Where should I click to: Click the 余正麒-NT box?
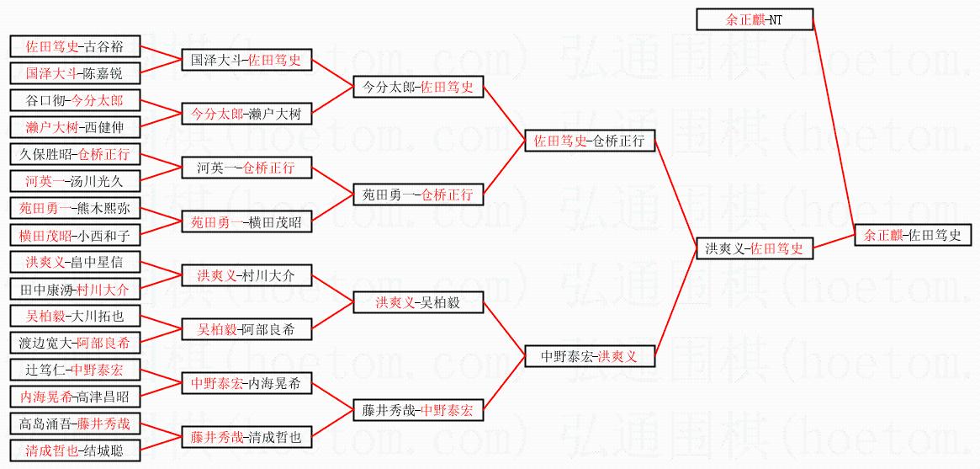(x=755, y=19)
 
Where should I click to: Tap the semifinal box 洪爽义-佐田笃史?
(x=755, y=249)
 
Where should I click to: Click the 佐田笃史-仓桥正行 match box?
(x=589, y=141)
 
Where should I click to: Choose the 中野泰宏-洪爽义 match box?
(x=589, y=356)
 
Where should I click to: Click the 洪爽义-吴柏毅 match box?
(x=417, y=302)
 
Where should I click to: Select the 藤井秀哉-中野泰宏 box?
(x=417, y=411)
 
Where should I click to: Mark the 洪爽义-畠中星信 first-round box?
(x=74, y=262)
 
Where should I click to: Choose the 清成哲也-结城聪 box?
(x=74, y=450)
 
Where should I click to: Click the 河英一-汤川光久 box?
(x=74, y=181)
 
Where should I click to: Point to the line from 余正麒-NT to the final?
(x=835, y=126)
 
